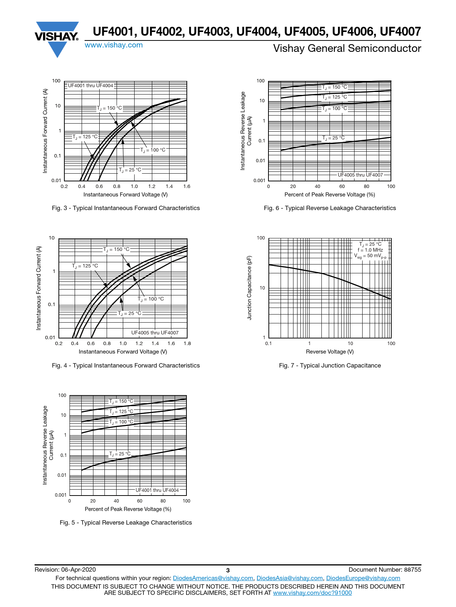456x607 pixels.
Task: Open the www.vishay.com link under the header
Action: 114,45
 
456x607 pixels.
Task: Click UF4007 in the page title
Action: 400,32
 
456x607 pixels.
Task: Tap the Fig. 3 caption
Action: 126,208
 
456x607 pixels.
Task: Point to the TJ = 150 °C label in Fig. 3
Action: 110,108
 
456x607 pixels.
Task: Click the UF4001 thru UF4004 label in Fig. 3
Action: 90,86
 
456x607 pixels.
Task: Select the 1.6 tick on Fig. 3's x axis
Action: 187,187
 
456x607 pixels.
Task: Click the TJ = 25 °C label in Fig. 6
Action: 334,138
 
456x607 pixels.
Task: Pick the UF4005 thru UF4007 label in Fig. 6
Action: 360,175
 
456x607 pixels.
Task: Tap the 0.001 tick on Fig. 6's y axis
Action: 259,181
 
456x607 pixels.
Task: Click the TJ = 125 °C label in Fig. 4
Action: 85,266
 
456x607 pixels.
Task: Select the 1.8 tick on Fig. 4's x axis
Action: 187,344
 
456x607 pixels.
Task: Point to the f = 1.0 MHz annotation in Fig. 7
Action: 370,250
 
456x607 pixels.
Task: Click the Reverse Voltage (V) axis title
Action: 330,352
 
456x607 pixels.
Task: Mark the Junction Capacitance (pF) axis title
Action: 250,288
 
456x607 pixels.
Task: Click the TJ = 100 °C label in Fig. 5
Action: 121,422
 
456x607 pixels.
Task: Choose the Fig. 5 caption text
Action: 126,523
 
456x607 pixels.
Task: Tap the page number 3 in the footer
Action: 228,570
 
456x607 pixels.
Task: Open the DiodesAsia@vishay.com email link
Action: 289,578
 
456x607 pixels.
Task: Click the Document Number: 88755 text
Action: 385,570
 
